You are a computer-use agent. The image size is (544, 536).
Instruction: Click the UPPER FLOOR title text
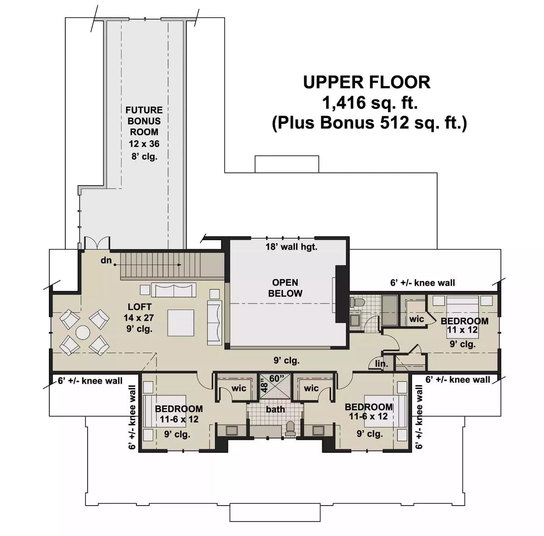coord(366,83)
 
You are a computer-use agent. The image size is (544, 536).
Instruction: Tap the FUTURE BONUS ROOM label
coord(144,121)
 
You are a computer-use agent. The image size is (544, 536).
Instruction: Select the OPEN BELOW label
coord(285,288)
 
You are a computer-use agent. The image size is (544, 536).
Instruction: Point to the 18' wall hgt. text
coord(291,247)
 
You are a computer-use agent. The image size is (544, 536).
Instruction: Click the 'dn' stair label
coord(106,261)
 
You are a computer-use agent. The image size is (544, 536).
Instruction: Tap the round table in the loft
coord(83,333)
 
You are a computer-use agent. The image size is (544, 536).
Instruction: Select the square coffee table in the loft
coord(180,323)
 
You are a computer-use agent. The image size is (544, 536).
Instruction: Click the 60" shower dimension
coord(276,378)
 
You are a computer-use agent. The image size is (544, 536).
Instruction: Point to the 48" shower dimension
coord(264,388)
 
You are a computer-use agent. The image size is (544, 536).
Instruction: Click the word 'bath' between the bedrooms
coord(275,409)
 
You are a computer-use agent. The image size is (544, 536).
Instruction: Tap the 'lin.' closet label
coord(381,364)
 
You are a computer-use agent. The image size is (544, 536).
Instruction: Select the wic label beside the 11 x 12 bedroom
coord(416,319)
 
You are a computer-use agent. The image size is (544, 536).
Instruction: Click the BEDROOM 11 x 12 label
coord(464,325)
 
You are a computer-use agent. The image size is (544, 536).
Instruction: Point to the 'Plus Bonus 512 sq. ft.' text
coord(369,123)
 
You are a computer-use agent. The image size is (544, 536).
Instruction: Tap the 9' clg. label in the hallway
coord(286,361)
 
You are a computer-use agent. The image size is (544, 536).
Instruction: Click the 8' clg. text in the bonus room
coord(144,157)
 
